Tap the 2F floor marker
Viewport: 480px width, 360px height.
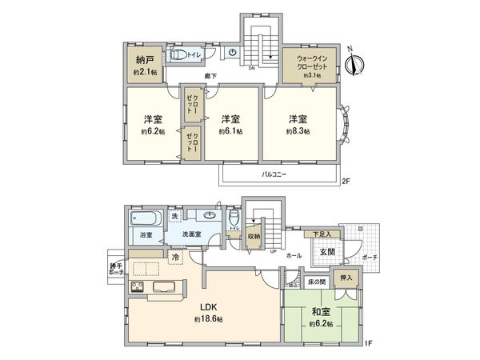346,182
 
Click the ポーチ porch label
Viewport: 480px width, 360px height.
369,257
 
